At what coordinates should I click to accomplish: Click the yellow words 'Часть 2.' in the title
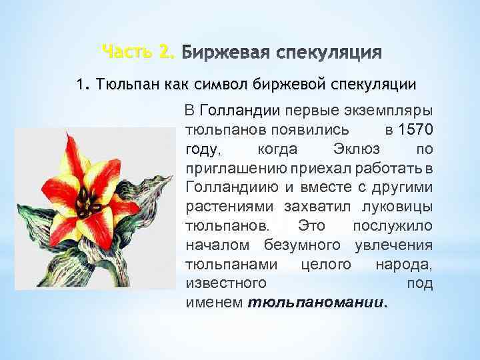138,51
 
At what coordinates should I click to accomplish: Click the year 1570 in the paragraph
414,127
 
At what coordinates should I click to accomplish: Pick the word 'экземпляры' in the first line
390,109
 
